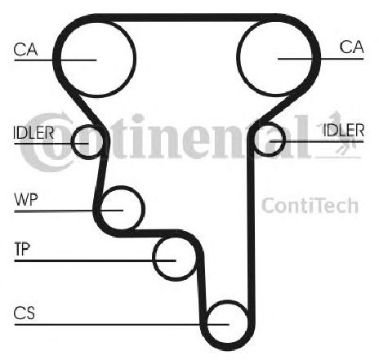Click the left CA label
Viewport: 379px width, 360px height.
(25, 49)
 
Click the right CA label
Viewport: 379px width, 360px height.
(351, 47)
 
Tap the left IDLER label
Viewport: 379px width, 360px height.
(33, 133)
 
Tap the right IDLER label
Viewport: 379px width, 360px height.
(344, 130)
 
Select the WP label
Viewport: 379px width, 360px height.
(26, 200)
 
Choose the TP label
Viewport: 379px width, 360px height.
(22, 249)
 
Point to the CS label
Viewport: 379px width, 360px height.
(25, 313)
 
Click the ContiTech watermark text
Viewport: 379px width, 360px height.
(310, 206)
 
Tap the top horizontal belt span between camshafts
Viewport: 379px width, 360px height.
(188, 17)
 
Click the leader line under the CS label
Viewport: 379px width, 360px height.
(122, 324)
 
